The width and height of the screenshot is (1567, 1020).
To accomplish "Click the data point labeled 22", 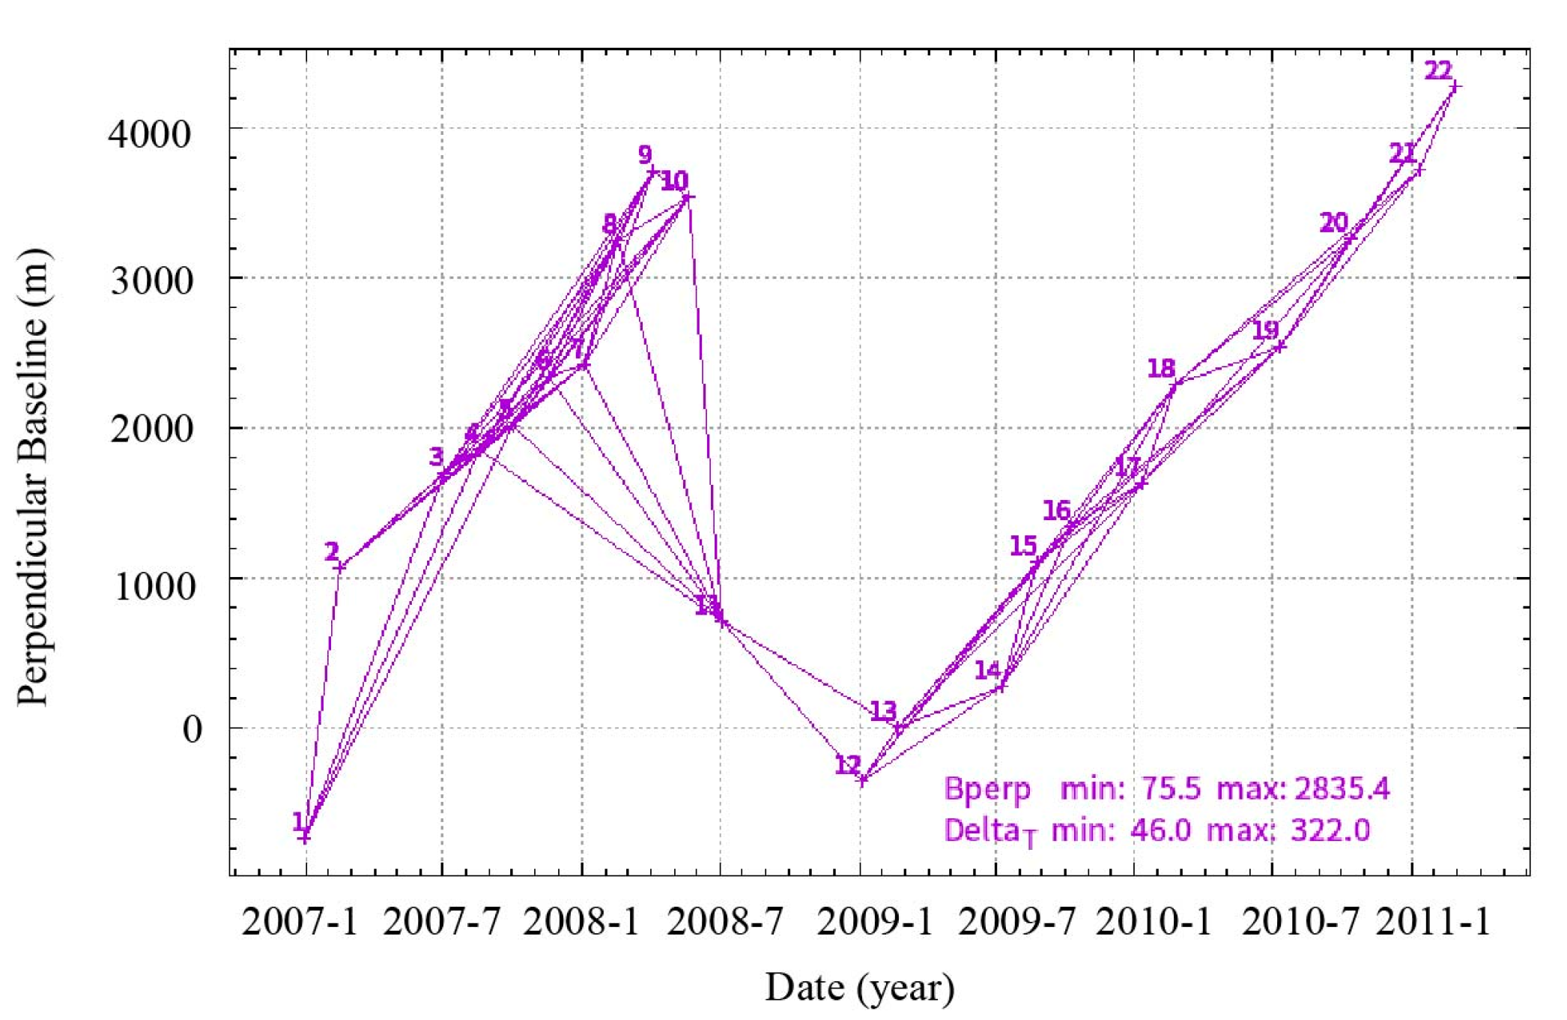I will (x=1455, y=87).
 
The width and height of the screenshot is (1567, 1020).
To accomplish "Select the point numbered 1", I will (x=304, y=837).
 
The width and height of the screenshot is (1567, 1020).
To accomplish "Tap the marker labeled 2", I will (x=340, y=567).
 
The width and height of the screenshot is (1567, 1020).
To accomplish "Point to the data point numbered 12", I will (x=862, y=780).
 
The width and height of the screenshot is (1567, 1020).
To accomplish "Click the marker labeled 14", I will (x=1001, y=686).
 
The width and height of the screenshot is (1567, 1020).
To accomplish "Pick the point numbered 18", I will (x=1175, y=386).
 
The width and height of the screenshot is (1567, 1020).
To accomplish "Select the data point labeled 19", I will (x=1280, y=346).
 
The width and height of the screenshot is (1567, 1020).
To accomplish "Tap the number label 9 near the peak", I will (x=645, y=154).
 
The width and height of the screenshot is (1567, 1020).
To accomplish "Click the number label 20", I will (x=1333, y=223).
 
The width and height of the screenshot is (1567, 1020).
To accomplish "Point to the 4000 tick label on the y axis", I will (x=150, y=134).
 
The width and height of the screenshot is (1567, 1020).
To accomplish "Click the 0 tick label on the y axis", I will (x=193, y=728).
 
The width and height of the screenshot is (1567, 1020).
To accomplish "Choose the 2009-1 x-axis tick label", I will (x=875, y=921).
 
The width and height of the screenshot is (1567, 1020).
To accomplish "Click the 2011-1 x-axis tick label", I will (x=1434, y=921).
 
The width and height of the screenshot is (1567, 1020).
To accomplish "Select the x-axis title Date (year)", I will (x=859, y=987).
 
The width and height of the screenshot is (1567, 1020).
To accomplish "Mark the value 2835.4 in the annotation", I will (x=1342, y=788).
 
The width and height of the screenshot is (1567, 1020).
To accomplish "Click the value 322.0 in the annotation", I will (x=1330, y=830).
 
